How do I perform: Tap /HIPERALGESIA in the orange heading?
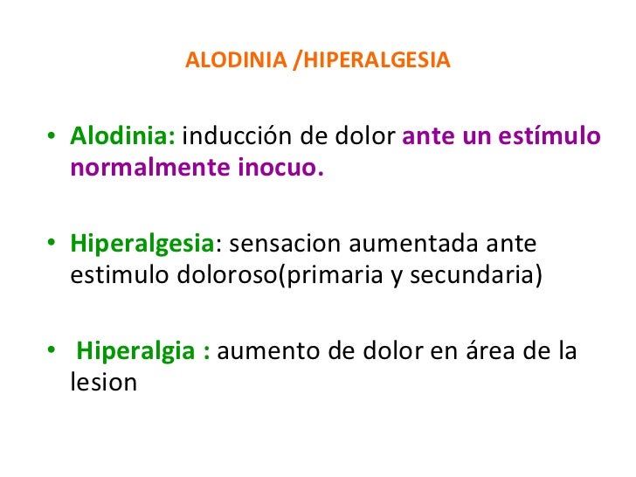click(372, 62)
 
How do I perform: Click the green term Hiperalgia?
click(135, 352)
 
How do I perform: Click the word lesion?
click(103, 382)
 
